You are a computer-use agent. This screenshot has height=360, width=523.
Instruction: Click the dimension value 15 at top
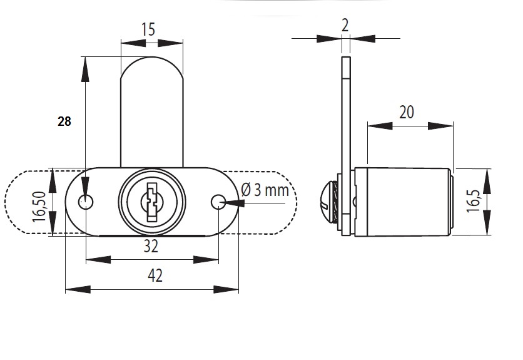pyautogui.click(x=148, y=29)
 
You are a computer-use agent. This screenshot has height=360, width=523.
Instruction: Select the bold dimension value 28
pyautogui.click(x=64, y=121)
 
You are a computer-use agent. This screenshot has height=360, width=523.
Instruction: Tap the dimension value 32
pyautogui.click(x=151, y=247)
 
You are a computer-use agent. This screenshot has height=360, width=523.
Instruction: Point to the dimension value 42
pyautogui.click(x=155, y=276)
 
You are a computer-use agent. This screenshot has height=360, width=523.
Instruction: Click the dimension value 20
pyautogui.click(x=407, y=112)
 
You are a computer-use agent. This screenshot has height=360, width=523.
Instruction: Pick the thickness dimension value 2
pyautogui.click(x=345, y=26)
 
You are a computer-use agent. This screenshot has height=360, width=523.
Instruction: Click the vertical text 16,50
pyautogui.click(x=39, y=207)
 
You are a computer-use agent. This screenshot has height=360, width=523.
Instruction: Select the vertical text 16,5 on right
pyautogui.click(x=474, y=201)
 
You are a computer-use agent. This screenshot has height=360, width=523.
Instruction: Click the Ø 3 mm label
pyautogui.click(x=265, y=190)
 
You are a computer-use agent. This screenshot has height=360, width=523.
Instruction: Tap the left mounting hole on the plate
pyautogui.click(x=86, y=202)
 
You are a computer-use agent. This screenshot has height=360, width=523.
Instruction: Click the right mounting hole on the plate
pyautogui.click(x=218, y=202)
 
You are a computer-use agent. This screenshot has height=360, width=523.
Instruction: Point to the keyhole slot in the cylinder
pyautogui.click(x=152, y=202)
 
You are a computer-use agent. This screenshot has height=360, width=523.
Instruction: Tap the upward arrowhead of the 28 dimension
pyautogui.click(x=85, y=69)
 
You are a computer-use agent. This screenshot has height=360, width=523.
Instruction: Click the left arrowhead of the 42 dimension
pyautogui.click(x=78, y=289)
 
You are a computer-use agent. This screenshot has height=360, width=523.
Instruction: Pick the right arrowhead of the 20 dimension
pyautogui.click(x=440, y=126)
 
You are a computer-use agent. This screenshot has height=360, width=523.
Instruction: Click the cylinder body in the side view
pyautogui.click(x=404, y=202)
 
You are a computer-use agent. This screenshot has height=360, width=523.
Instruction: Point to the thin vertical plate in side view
pyautogui.click(x=345, y=146)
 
